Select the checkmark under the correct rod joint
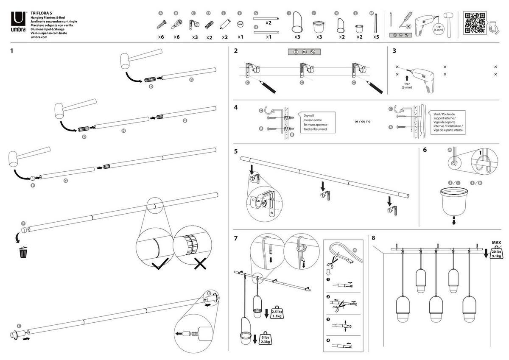(x=158, y=265)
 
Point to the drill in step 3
(x=424, y=76)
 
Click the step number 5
(x=236, y=151)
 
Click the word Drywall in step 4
(x=309, y=115)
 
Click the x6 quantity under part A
(x=161, y=37)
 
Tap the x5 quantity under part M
(x=375, y=37)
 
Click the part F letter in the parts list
(x=240, y=14)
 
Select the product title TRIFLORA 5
(x=41, y=14)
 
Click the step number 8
(x=373, y=238)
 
